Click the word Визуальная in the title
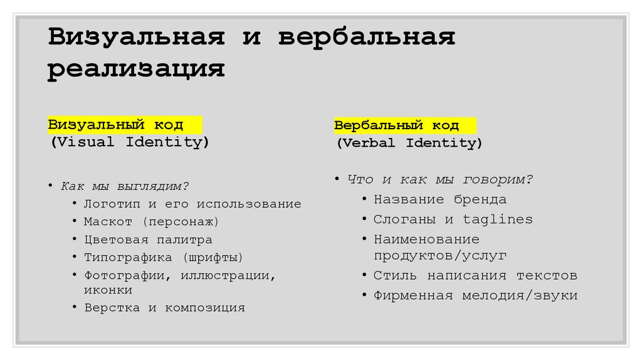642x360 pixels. coord(137,37)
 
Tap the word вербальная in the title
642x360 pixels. coord(366,37)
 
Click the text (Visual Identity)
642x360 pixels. coord(130,142)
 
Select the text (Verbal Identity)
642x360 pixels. coord(409,143)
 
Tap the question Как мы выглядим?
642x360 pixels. coord(125,186)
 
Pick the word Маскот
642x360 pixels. coord(108,221)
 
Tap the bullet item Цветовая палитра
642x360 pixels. coord(148,240)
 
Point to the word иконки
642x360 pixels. coord(108,290)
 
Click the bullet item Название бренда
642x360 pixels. coord(439,199)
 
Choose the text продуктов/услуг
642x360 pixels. coord(440,256)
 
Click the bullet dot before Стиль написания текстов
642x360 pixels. coord(364,276)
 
